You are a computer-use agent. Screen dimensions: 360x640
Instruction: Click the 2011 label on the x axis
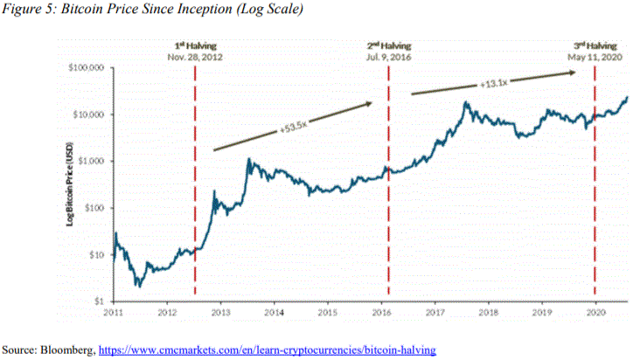[x=115, y=311]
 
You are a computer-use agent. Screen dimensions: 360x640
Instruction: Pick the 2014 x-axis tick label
[x=274, y=311]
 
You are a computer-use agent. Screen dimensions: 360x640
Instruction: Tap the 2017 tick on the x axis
[x=435, y=311]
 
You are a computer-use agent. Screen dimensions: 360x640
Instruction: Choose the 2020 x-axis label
[x=595, y=311]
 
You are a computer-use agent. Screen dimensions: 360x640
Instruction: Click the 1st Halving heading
[x=195, y=44]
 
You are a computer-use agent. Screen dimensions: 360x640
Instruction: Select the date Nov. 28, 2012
[x=195, y=56]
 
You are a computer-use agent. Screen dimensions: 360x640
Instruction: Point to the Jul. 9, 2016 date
[x=387, y=56]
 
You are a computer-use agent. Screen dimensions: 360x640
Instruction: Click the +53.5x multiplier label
[x=293, y=128]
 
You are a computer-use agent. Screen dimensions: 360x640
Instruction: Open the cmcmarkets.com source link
[x=266, y=350]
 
